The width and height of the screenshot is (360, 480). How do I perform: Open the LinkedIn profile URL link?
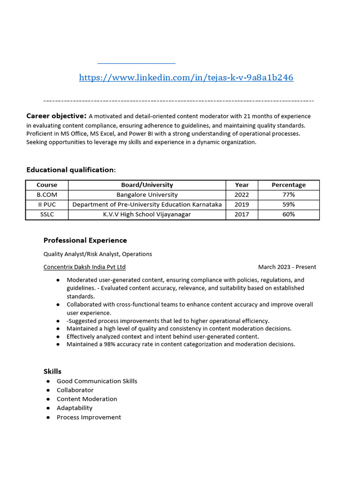(186, 78)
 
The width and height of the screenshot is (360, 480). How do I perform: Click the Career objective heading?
(56, 116)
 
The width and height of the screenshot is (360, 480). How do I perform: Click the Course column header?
(47, 185)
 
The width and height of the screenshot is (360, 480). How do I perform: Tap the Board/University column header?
(147, 185)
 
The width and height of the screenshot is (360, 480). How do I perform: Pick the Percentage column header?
(288, 185)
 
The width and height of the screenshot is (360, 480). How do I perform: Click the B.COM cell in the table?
(47, 195)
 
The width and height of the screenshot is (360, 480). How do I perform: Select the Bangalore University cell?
(147, 195)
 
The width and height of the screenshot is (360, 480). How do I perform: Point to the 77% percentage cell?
(288, 195)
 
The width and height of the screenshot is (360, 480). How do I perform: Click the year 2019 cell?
(242, 204)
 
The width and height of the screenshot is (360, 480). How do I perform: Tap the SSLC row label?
(47, 214)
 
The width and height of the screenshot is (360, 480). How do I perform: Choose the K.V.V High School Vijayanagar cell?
(147, 214)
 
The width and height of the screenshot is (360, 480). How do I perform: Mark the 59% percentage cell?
(288, 204)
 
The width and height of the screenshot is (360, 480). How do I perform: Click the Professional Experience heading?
(85, 240)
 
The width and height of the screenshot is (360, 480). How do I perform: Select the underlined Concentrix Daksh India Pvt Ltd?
(84, 267)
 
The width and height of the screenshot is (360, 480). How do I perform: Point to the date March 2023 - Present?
(287, 267)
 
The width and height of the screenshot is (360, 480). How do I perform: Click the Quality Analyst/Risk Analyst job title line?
(97, 254)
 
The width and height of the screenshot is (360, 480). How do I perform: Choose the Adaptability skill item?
(75, 408)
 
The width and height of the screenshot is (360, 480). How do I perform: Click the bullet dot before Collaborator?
(48, 390)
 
